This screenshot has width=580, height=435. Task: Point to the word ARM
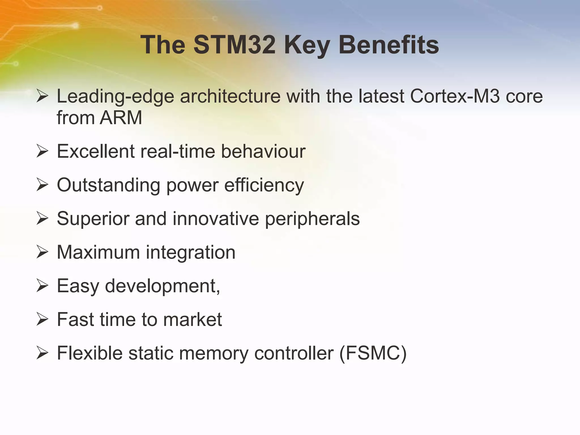point(121,118)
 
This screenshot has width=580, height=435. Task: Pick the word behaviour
point(263,151)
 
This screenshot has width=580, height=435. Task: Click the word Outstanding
point(109,185)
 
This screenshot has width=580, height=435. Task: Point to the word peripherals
point(312,219)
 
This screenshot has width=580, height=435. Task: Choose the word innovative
point(216,219)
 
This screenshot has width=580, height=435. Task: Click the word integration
point(190,253)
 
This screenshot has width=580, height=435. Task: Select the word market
point(192,320)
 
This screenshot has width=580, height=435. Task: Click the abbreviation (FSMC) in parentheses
point(373,353)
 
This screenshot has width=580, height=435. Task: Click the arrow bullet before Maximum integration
point(42,253)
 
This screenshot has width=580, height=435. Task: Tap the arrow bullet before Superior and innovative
point(42,219)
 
